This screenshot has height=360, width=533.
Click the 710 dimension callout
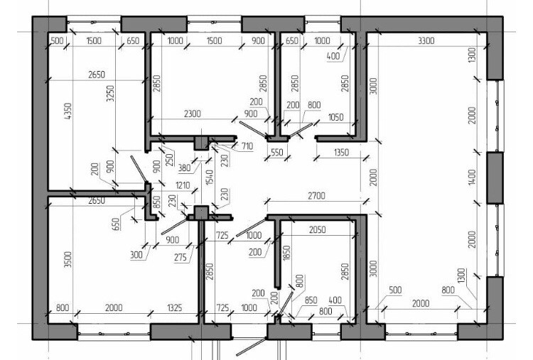(247, 146)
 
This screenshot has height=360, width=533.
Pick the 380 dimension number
(184, 168)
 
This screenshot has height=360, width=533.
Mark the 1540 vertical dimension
(209, 177)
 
